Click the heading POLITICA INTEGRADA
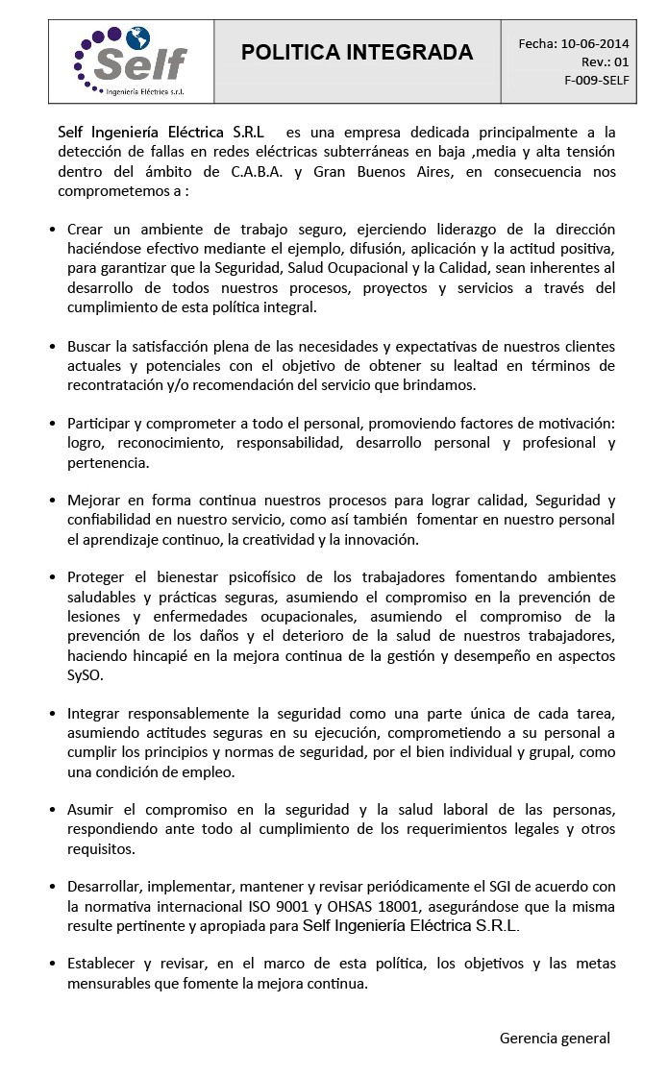coord(357,53)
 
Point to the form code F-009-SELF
coord(597,80)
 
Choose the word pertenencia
coord(107,462)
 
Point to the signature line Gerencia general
coord(555,1038)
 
